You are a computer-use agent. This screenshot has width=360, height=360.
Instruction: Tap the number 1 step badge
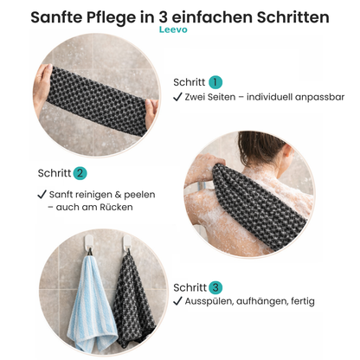coord(215,82)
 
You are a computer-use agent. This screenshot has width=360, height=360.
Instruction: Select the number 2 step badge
coord(80,173)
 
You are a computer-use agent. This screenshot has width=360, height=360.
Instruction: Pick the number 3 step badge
coord(215,287)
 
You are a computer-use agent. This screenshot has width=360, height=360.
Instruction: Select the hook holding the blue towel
coord(88,251)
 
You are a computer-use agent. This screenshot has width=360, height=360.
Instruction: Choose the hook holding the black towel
coord(127,251)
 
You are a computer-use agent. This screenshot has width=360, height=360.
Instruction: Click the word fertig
coord(300,301)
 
